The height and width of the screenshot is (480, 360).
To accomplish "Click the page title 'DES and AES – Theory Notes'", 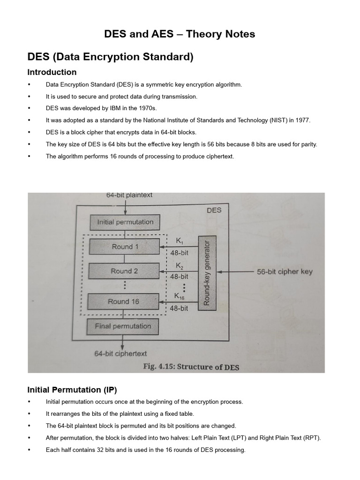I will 180,34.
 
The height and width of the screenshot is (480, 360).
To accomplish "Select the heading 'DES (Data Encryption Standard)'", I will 110,57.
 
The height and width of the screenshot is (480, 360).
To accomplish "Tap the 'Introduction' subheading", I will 52,72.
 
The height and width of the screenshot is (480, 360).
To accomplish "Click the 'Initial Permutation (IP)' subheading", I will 72,390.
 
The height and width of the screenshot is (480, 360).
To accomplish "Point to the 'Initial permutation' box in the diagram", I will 125,222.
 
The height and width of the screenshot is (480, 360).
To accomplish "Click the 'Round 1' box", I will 125,247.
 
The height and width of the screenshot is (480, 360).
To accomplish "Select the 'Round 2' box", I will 124,271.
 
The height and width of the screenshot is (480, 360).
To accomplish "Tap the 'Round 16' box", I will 123,301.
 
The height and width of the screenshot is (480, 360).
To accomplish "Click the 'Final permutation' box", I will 123,326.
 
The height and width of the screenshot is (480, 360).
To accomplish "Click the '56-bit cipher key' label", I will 285,271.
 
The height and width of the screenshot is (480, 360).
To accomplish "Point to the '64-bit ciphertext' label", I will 120,354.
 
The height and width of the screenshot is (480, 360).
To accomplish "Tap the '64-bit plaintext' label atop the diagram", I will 129,195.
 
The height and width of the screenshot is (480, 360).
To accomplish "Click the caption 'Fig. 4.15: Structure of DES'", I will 191,367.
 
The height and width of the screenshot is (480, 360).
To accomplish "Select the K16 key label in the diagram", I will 180,296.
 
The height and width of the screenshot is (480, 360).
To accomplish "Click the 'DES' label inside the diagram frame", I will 214,210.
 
